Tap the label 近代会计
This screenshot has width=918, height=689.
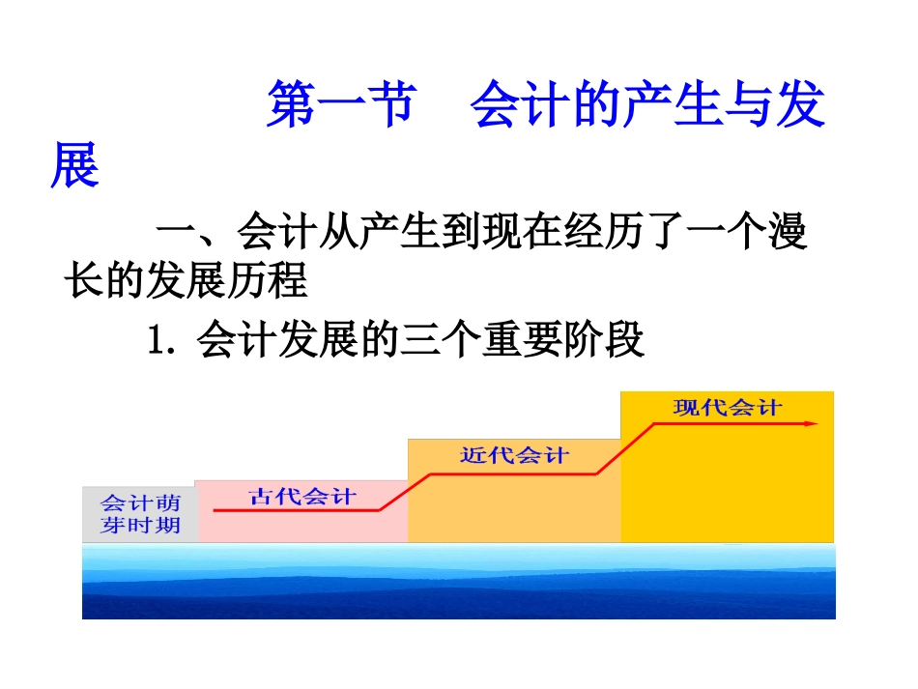pyautogui.click(x=514, y=455)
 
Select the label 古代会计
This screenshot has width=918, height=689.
pyautogui.click(x=302, y=497)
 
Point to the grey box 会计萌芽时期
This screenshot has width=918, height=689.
pyautogui.click(x=140, y=513)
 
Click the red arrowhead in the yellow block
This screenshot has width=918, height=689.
pyautogui.click(x=813, y=422)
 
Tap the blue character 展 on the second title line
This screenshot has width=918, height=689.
pyautogui.click(x=75, y=165)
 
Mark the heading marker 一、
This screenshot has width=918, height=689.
pyautogui.click(x=193, y=235)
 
